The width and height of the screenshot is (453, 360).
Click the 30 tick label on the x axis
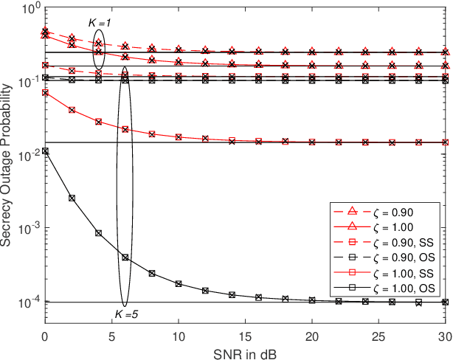pyautogui.click(x=445, y=334)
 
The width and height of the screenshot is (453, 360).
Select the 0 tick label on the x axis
pyautogui.click(x=45, y=334)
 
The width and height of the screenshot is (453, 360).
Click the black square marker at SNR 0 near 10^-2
pyautogui.click(x=45, y=151)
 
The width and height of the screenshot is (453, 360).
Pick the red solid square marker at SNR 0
pyautogui.click(x=45, y=93)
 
